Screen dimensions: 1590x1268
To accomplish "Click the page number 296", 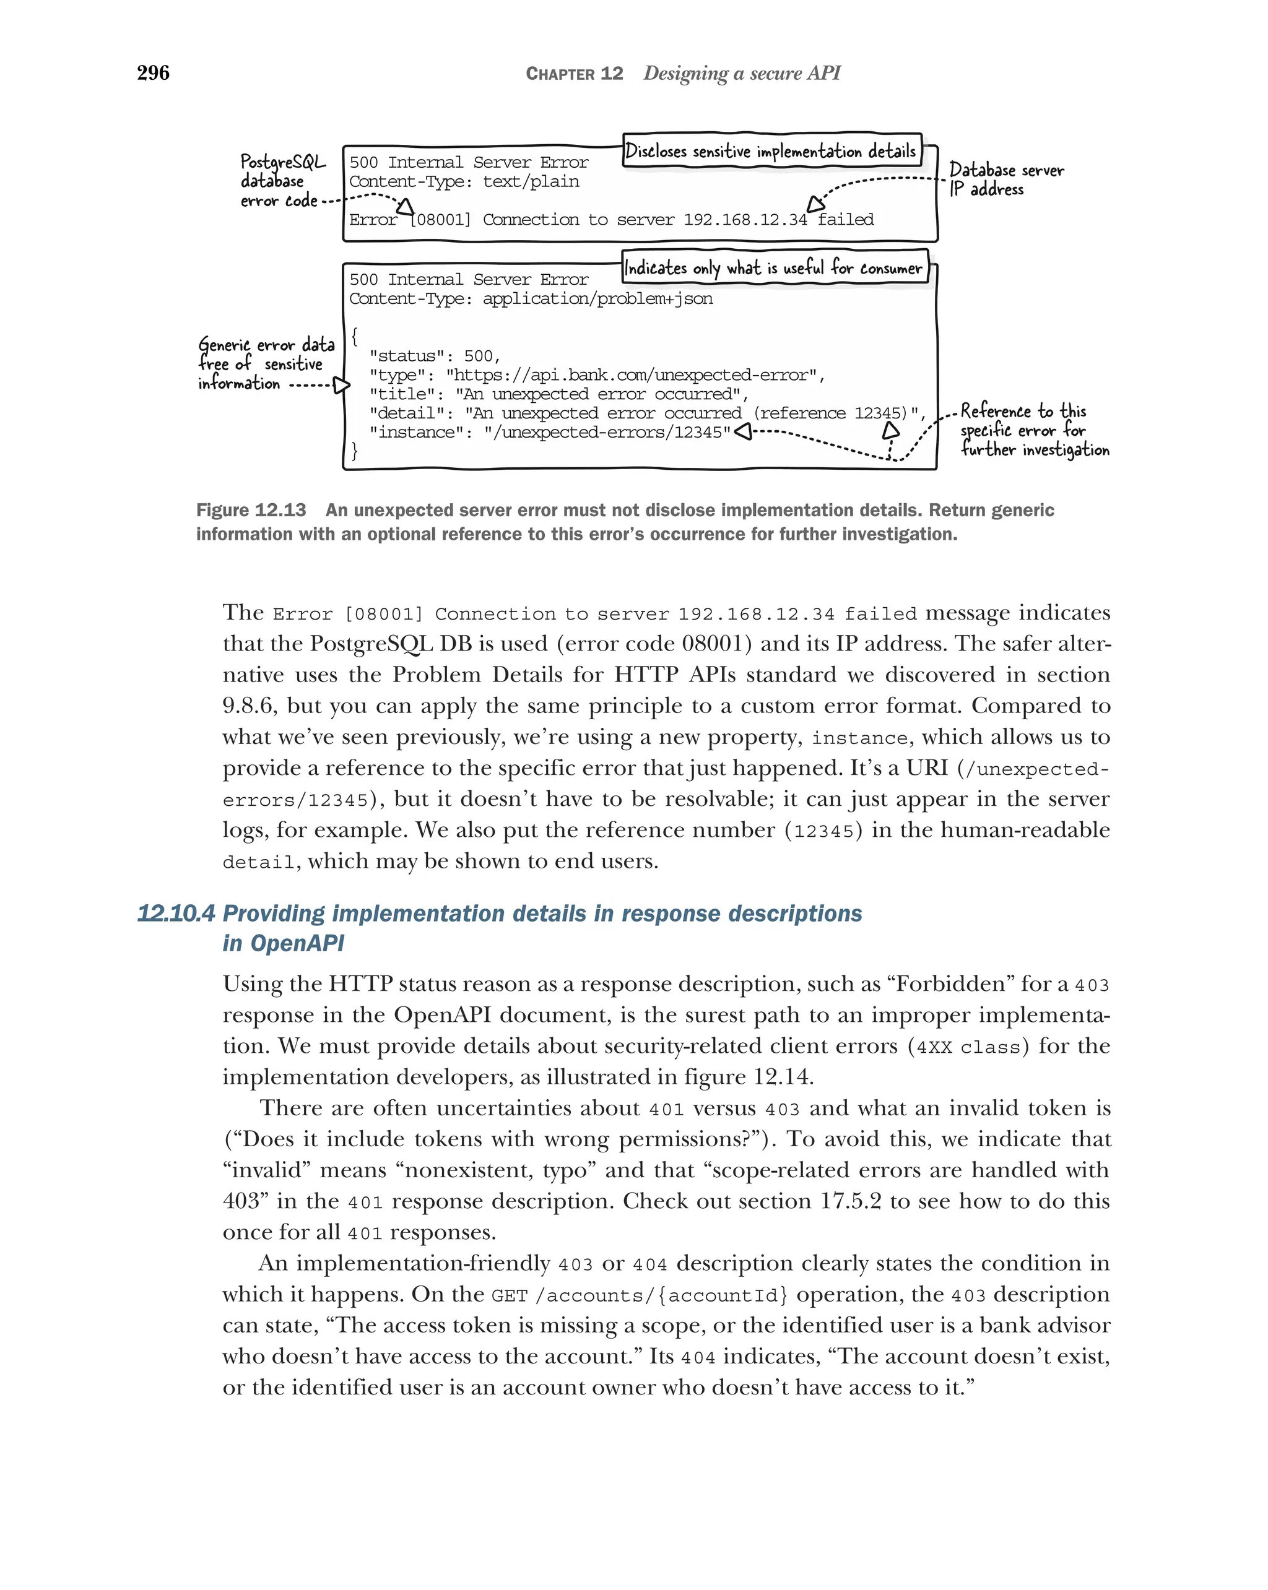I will [x=154, y=73].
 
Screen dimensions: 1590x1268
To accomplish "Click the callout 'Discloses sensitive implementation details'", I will [x=771, y=151].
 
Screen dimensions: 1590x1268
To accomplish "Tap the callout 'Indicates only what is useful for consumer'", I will [x=773, y=268].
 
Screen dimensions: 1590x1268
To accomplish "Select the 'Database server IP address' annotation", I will [x=1006, y=179].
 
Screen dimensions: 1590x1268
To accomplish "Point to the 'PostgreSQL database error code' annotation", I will [x=282, y=181].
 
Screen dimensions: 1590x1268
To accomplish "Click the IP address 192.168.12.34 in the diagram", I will [x=745, y=220].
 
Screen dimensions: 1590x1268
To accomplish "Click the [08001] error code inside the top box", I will [x=440, y=220].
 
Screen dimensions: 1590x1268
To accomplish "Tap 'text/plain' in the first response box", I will [x=531, y=181].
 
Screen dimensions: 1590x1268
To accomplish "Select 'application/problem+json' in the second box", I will [x=597, y=299].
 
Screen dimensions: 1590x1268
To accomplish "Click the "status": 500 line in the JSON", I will [x=435, y=356].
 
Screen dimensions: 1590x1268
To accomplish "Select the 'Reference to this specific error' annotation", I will [x=1033, y=430].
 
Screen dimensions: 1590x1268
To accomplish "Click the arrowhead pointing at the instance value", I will [x=744, y=431].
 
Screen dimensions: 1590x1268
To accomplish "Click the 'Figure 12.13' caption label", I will [x=251, y=511].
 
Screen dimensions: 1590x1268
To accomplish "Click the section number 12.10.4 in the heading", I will [x=176, y=914].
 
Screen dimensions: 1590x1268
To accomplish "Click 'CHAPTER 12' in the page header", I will [x=574, y=74].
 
